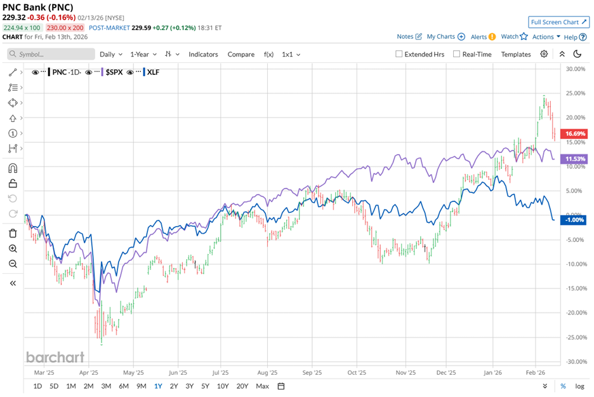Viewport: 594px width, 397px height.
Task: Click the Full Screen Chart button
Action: point(559,22)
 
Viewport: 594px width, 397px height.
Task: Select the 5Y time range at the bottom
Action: point(205,386)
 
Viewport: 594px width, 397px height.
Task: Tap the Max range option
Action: point(262,386)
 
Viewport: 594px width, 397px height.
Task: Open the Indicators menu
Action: point(203,55)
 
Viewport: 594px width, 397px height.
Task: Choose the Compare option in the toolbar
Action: point(241,55)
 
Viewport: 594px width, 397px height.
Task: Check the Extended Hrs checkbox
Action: point(399,55)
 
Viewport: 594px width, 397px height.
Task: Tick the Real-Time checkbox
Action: point(456,55)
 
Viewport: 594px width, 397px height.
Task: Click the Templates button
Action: point(516,55)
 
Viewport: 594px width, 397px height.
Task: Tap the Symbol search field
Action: point(51,55)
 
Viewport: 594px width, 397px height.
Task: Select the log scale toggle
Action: point(579,386)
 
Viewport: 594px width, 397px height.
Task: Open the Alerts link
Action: point(479,37)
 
